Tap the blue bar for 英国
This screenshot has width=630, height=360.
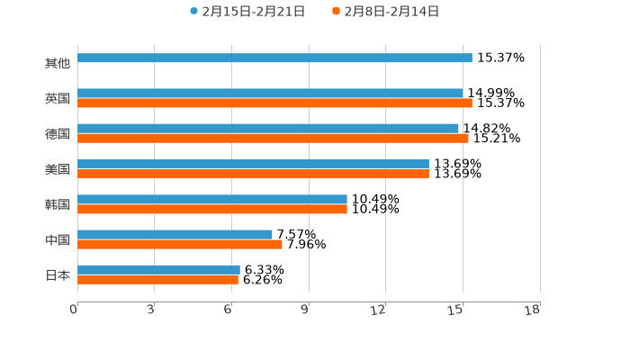270,93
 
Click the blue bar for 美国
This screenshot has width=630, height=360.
253,164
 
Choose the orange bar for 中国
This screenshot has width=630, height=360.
180,244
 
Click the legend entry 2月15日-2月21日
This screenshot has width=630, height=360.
247,12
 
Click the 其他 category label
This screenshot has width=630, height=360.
57,63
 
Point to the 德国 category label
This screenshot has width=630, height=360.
57,133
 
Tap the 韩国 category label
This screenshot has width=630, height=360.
57,204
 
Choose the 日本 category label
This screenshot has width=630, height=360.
57,275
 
